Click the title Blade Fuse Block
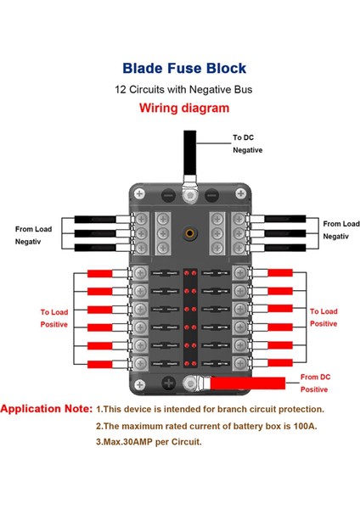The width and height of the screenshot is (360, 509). pos(184,68)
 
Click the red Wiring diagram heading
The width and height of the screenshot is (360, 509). pos(184,108)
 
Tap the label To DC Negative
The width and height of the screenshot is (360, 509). pos(247,144)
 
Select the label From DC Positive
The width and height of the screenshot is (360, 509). pos(315,383)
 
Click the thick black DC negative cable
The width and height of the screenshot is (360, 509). pos(189,153)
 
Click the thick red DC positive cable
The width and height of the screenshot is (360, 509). pos(248,383)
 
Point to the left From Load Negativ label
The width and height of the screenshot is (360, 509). pos(33,235)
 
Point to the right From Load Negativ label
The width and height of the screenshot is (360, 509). pos(341,230)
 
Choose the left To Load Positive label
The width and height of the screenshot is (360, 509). pos(54,318)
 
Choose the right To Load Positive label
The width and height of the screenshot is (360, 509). pos(323,317)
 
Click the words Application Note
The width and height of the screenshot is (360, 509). pos(47,409)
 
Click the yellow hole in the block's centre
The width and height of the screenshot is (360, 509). pos(189,233)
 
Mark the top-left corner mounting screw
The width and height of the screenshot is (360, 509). pos(139,194)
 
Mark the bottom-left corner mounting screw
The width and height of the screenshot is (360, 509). pos(140,385)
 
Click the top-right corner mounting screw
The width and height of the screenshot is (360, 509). pos(240,193)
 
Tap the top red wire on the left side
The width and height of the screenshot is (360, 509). pos(99,273)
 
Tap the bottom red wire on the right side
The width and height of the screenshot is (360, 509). pos(280,362)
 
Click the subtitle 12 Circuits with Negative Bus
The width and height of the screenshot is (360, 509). pos(183,89)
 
